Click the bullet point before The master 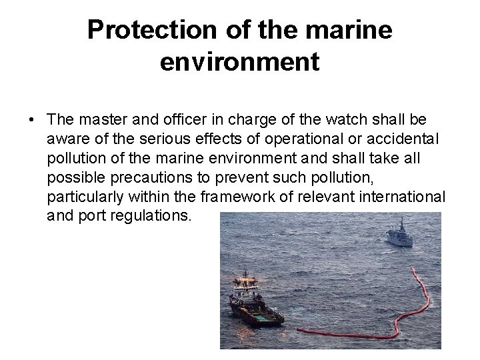(x=32, y=119)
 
